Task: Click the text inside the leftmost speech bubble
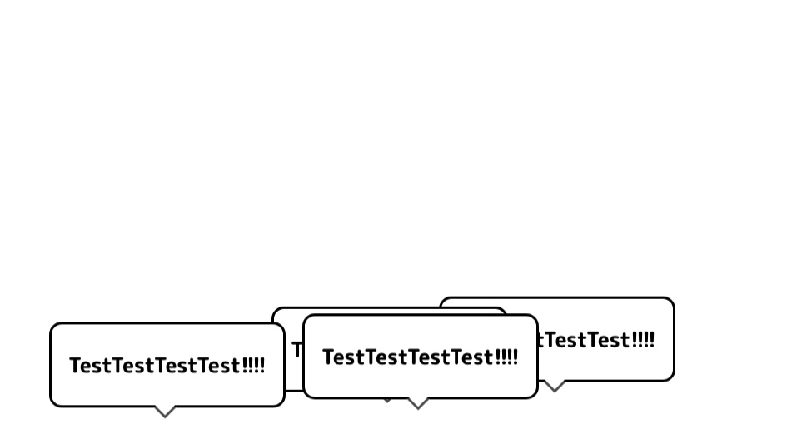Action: pyautogui.click(x=167, y=366)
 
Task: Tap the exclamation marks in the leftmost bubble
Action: pyautogui.click(x=253, y=366)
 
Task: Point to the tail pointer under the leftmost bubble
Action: pyautogui.click(x=165, y=412)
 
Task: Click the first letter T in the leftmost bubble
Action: pyautogui.click(x=75, y=366)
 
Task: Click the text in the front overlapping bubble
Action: pyautogui.click(x=420, y=357)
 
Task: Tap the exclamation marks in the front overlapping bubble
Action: pyautogui.click(x=506, y=357)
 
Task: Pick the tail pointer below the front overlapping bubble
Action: pyautogui.click(x=417, y=403)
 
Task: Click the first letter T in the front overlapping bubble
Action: pyautogui.click(x=328, y=357)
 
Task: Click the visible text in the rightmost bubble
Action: pyautogui.click(x=596, y=340)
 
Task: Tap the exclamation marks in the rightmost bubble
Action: pyautogui.click(x=643, y=340)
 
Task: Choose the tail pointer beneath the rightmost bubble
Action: pyautogui.click(x=554, y=386)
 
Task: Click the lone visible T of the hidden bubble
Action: pyautogui.click(x=296, y=349)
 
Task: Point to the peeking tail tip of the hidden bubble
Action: pyautogui.click(x=387, y=401)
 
